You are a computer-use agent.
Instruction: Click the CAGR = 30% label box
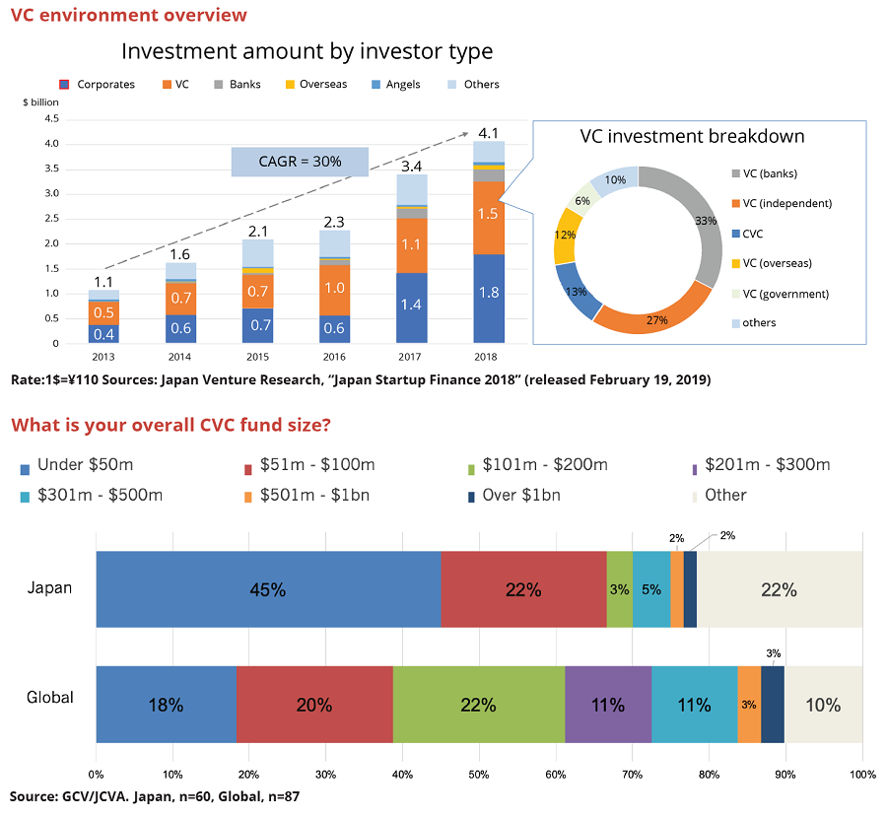(300, 162)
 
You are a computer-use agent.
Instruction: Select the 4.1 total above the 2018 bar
(489, 133)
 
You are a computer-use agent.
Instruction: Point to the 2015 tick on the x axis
(258, 357)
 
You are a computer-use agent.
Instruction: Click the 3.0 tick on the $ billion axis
(51, 193)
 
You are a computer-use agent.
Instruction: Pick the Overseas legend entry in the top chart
(314, 85)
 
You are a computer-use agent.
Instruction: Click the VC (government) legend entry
(778, 294)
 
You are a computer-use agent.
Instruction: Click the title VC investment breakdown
(692, 136)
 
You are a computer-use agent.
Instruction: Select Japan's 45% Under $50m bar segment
(268, 589)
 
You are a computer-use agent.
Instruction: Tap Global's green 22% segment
(479, 705)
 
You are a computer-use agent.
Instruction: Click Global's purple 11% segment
(608, 705)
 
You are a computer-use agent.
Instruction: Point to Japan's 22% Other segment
(779, 589)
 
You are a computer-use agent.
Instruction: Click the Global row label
(49, 698)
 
